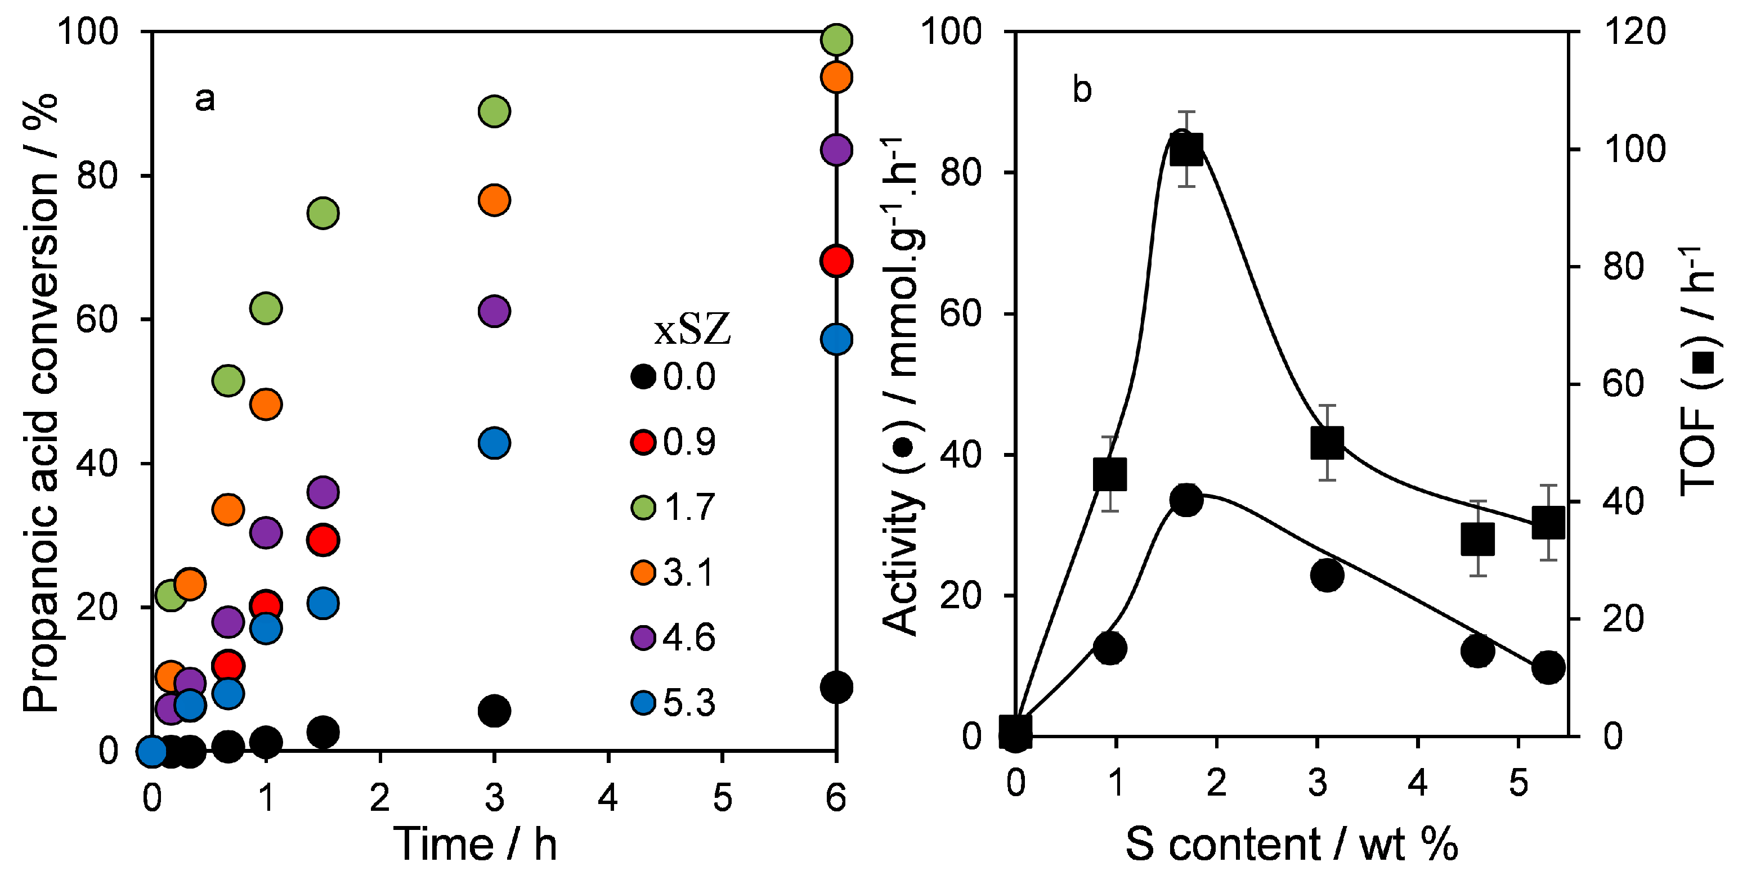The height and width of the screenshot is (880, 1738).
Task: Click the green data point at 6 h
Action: click(836, 39)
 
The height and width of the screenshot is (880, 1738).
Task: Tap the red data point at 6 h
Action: click(836, 261)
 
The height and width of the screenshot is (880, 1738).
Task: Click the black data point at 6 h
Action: click(836, 687)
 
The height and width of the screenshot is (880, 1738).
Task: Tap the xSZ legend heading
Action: click(692, 330)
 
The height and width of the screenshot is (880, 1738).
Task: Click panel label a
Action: click(204, 99)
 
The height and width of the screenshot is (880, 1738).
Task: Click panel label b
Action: click(1082, 89)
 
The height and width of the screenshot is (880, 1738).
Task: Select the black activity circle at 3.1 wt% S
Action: click(1327, 575)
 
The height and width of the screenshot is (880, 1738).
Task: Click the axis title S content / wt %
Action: click(1291, 844)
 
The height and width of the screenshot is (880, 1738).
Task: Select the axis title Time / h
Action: click(475, 844)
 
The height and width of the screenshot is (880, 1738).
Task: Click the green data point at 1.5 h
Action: click(322, 213)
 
